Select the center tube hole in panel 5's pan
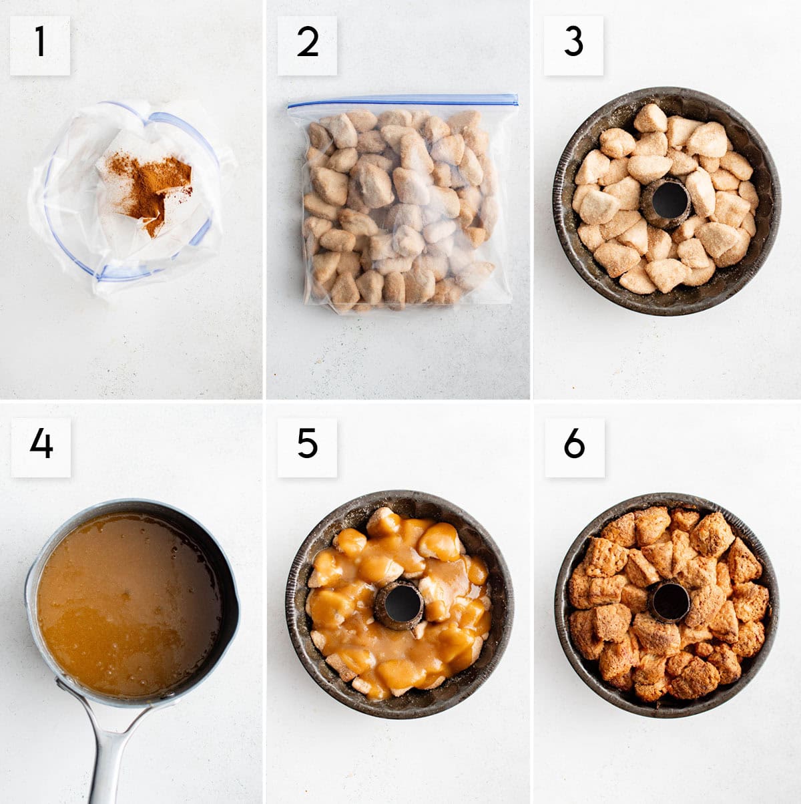pyautogui.click(x=403, y=603)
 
